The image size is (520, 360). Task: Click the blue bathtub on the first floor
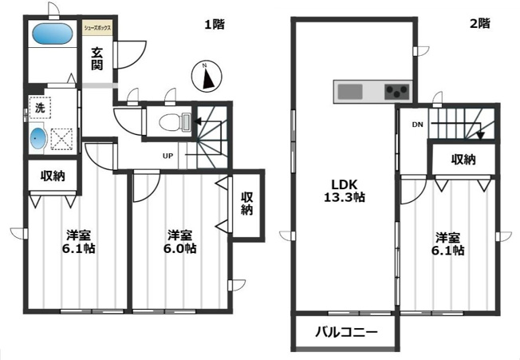tap(53, 34)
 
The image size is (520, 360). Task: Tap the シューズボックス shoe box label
tap(97, 28)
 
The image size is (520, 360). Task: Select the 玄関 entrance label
tap(97, 59)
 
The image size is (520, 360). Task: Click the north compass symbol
tap(207, 77)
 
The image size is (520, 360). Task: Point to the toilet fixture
tap(175, 121)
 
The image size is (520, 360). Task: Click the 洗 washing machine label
tap(40, 108)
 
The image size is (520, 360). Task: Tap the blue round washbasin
tap(37, 139)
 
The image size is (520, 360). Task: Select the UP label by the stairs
tap(167, 156)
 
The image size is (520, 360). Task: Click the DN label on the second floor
tap(418, 125)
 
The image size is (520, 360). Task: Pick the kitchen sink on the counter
tap(350, 92)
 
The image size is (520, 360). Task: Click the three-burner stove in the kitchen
tap(396, 92)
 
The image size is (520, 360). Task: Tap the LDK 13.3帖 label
tap(345, 191)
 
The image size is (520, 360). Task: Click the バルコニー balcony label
tap(346, 332)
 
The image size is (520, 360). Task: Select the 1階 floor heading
tap(215, 24)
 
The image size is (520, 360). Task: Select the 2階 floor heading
tap(479, 23)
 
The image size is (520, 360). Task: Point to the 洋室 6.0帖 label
tap(179, 242)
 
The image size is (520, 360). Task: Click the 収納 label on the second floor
tap(463, 160)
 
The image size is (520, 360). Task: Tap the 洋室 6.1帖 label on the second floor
tap(447, 244)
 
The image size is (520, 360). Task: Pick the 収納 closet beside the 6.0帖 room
tap(246, 204)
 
